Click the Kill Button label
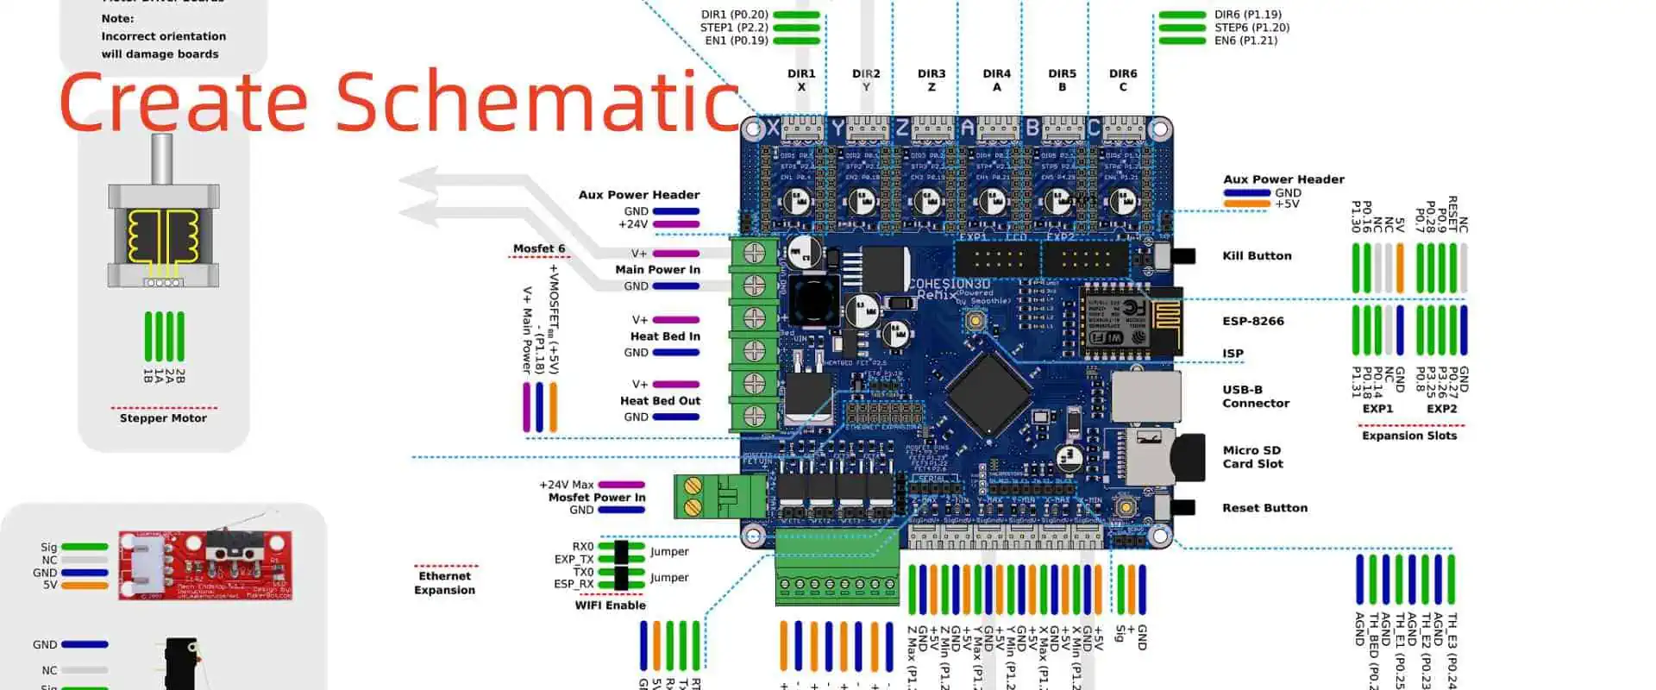point(1257,256)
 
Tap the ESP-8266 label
point(1252,321)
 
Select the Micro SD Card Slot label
point(1252,457)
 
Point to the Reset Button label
point(1264,508)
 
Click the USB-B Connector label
point(1255,397)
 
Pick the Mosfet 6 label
point(539,248)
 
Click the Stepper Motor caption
point(163,418)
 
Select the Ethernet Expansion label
point(444,583)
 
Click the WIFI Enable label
point(610,605)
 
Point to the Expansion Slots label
point(1409,436)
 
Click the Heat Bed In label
point(665,336)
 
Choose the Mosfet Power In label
point(597,498)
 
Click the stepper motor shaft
point(162,159)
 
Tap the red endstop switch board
point(205,565)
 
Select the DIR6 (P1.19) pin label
point(1247,15)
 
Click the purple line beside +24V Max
point(621,485)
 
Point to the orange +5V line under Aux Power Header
point(1246,204)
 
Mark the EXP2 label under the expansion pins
point(1441,409)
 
